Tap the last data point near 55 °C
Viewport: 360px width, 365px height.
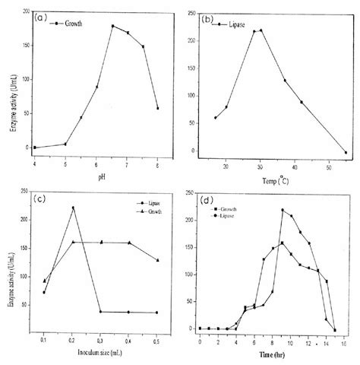click(x=346, y=153)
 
